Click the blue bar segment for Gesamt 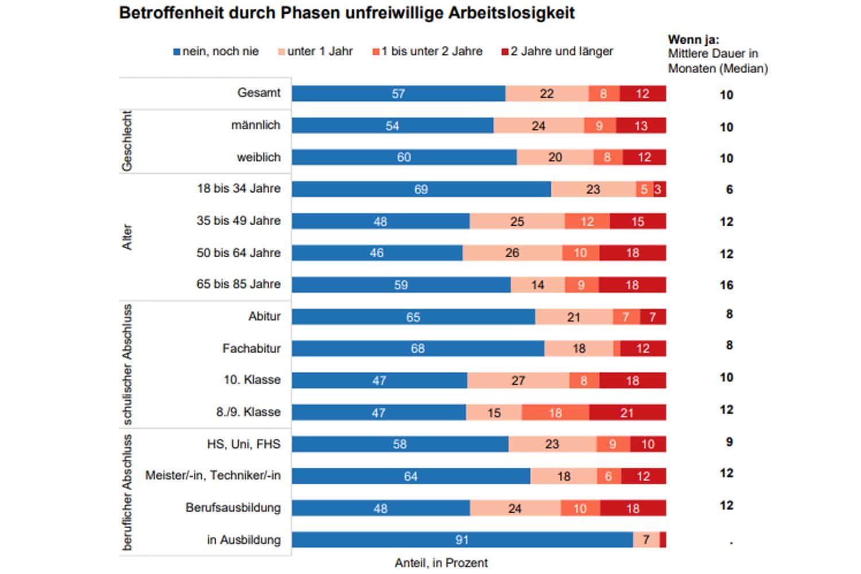point(398,94)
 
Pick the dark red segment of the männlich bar point(641,126)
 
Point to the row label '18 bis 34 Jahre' point(239,189)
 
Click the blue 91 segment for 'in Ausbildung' point(462,540)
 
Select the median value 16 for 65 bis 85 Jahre point(726,285)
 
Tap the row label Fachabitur point(251,348)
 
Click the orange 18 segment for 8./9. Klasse point(555,413)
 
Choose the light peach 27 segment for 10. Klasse point(518,381)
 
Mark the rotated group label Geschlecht point(127,141)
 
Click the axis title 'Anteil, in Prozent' point(441,563)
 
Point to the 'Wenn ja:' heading point(693,40)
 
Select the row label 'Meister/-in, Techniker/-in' point(213,476)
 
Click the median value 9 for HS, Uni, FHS point(729,443)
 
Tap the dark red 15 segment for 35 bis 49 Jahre point(637,222)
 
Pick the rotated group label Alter point(127,237)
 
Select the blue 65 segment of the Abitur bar point(413,317)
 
